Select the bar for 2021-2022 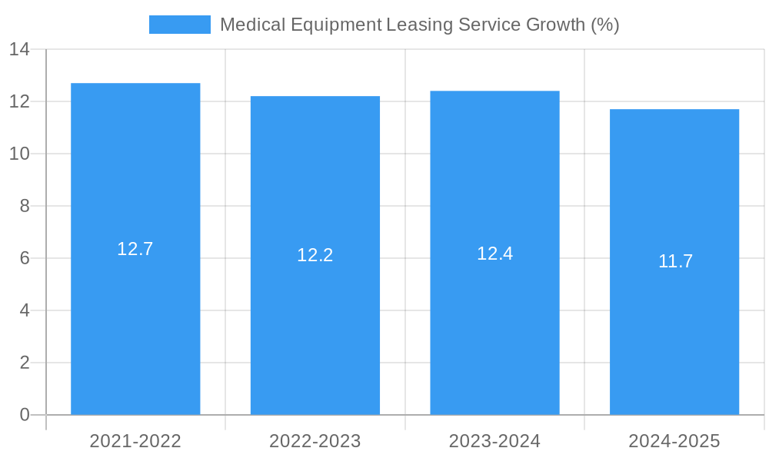[x=135, y=323]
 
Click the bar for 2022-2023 [x=315, y=330]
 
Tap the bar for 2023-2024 [x=494, y=330]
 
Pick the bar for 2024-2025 [x=674, y=338]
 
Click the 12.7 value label [x=135, y=249]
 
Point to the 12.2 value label [x=315, y=255]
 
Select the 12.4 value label [x=494, y=254]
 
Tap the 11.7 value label [x=675, y=261]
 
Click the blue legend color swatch [x=180, y=25]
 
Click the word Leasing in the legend [x=419, y=25]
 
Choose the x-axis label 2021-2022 [x=135, y=441]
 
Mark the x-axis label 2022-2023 [x=315, y=441]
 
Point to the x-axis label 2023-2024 [x=494, y=441]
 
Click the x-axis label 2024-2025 [x=674, y=441]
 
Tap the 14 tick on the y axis [x=19, y=49]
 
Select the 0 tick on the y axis [x=25, y=415]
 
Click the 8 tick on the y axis [x=25, y=206]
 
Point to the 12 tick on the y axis [x=19, y=101]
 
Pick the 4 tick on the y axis [x=25, y=310]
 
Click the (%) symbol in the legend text [x=604, y=25]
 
